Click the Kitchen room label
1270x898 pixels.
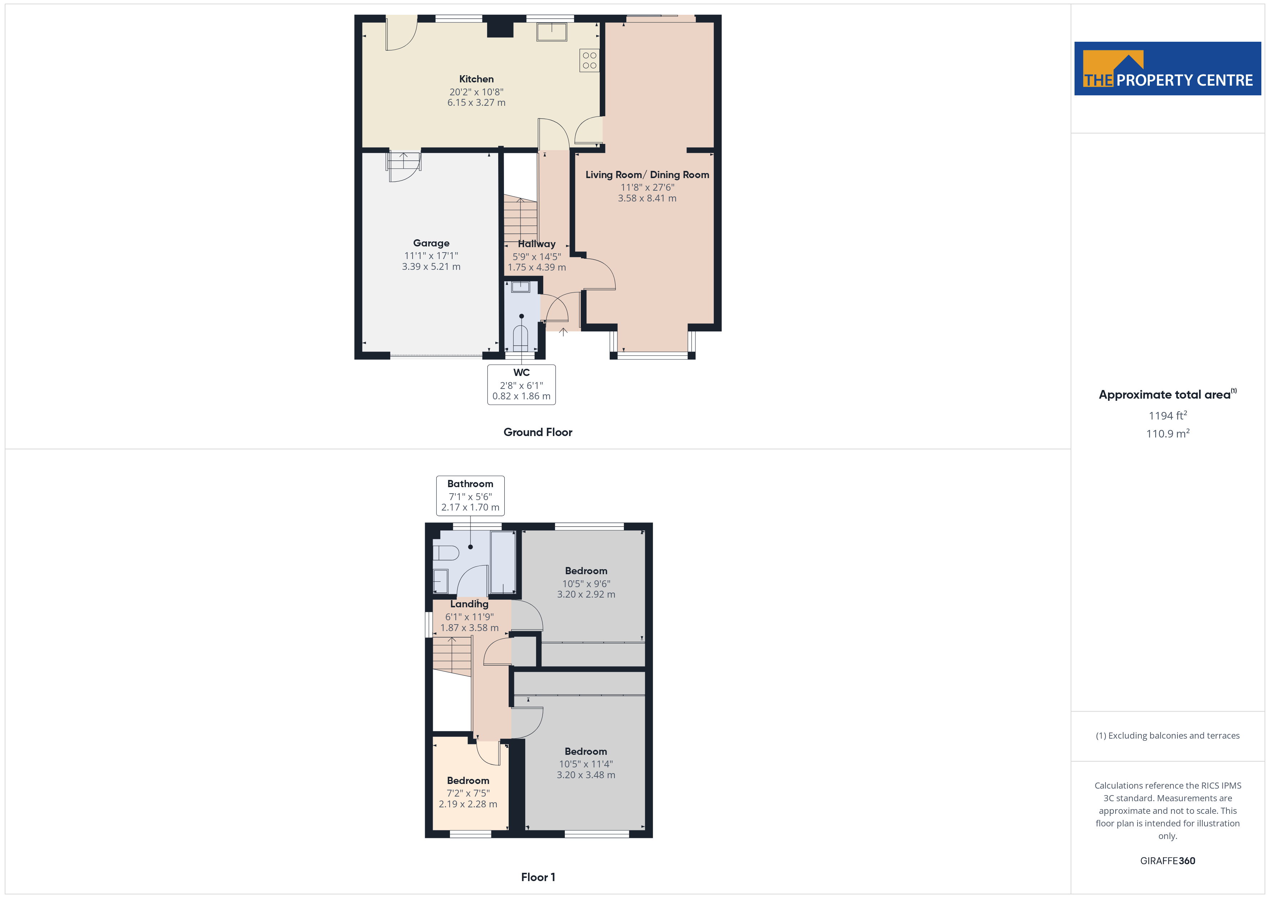[476, 79]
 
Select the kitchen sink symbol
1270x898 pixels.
[551, 32]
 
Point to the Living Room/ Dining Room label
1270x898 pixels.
[647, 175]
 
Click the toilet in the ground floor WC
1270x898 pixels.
[521, 338]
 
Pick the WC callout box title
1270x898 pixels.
[522, 373]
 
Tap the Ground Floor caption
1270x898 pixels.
[538, 432]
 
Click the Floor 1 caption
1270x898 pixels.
[538, 877]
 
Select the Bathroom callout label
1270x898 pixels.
[470, 484]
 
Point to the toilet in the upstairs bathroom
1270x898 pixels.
[446, 553]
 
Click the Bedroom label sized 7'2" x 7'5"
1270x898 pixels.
[468, 781]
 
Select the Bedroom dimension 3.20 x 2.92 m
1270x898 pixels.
[586, 594]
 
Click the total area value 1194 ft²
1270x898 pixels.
[1168, 415]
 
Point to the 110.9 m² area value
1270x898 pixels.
[1168, 434]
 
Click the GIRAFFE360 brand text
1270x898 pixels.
[1168, 861]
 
